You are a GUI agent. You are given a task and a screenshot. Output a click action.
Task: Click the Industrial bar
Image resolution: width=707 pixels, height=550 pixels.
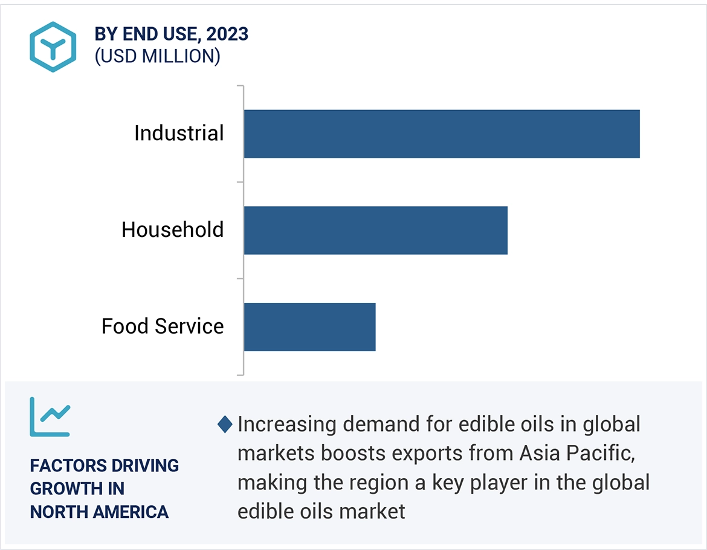click(x=441, y=134)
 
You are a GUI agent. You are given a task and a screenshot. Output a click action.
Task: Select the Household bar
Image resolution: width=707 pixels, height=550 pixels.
click(x=375, y=230)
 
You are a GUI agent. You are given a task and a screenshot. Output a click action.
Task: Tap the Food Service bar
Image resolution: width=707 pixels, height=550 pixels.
click(x=309, y=327)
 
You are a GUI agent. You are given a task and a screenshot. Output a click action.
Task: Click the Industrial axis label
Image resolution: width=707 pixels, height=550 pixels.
click(x=179, y=133)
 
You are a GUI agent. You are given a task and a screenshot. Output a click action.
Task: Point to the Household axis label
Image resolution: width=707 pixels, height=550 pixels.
click(x=172, y=230)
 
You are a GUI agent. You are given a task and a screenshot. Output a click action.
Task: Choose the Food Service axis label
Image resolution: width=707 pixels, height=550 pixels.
click(x=163, y=326)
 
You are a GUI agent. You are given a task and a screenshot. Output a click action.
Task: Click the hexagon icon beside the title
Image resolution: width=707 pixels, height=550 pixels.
click(x=53, y=47)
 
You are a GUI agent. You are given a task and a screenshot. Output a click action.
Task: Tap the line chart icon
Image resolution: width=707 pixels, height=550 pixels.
click(x=50, y=416)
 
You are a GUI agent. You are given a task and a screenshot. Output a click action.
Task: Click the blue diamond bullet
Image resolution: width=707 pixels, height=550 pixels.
click(x=225, y=425)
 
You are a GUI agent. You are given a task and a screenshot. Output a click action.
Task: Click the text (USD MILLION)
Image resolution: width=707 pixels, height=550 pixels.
click(x=157, y=56)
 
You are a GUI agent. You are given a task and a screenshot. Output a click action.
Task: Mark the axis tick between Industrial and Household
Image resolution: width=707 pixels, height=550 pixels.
click(x=240, y=182)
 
